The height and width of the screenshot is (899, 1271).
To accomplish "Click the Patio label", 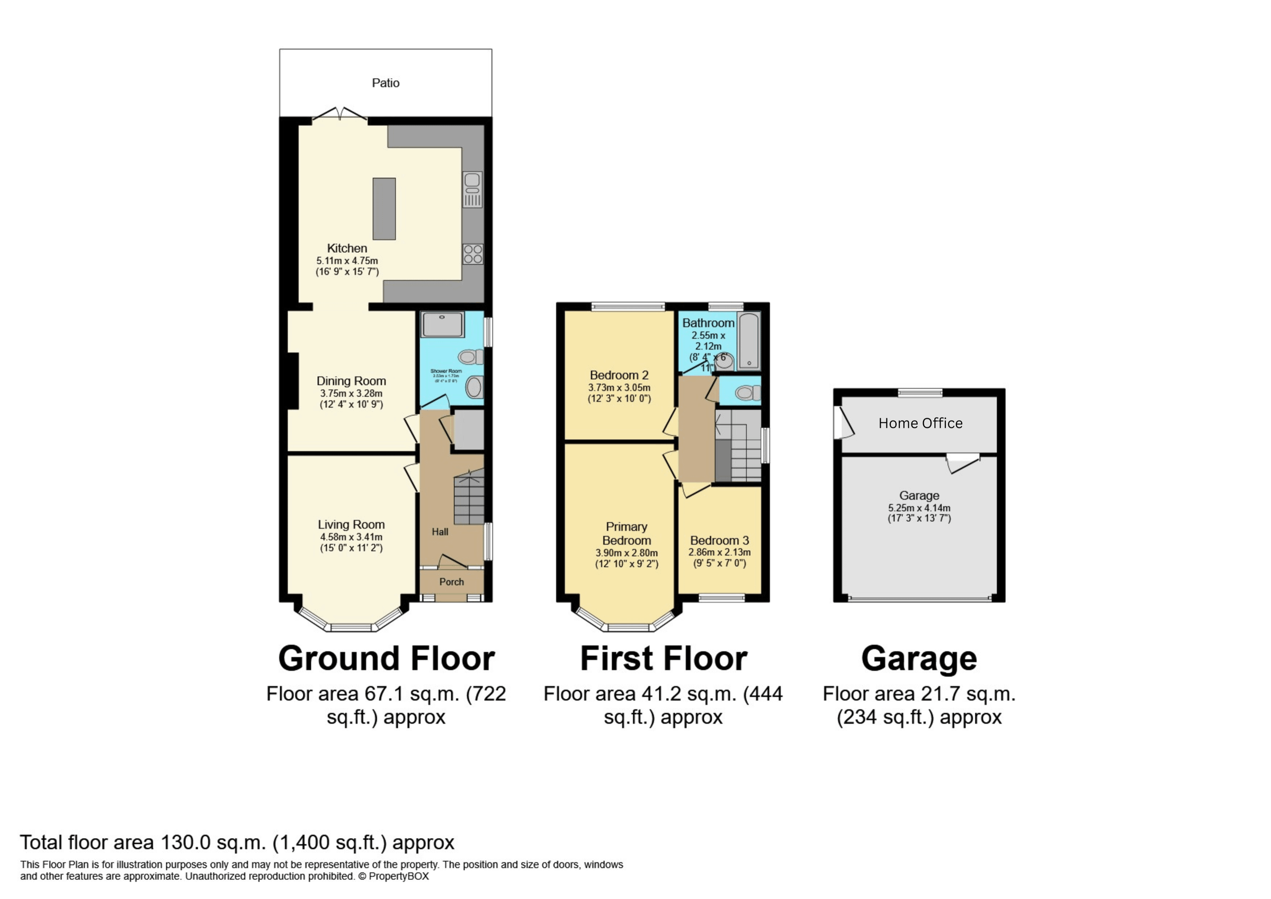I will (386, 83).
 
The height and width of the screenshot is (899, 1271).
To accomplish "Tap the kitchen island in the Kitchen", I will (384, 209).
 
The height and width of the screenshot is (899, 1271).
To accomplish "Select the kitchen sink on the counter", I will (472, 189).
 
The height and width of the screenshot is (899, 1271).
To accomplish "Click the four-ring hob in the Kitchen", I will (473, 254).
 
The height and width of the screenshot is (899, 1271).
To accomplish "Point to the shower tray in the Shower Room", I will (442, 325).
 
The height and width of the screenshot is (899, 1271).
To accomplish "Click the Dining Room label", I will (351, 381).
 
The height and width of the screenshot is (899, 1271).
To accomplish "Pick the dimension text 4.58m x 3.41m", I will (351, 537).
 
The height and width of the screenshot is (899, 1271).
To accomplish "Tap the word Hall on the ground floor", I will (440, 532).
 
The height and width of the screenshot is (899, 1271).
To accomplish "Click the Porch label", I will (452, 582).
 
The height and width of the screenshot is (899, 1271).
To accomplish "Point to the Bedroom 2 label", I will (619, 375).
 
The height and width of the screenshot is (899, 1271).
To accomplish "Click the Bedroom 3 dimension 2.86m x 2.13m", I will (719, 552).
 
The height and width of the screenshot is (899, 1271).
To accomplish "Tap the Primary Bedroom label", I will (626, 533).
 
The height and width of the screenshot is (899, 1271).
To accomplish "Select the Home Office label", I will (920, 423).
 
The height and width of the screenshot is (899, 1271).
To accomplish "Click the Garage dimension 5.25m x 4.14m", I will (919, 508).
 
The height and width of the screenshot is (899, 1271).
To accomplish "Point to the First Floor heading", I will (663, 658).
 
